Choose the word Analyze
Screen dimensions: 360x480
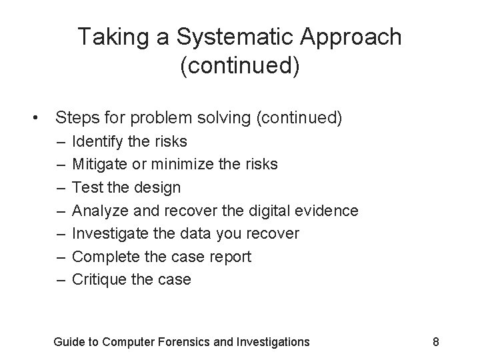click(97, 211)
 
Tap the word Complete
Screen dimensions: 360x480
click(103, 257)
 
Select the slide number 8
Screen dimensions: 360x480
click(435, 342)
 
